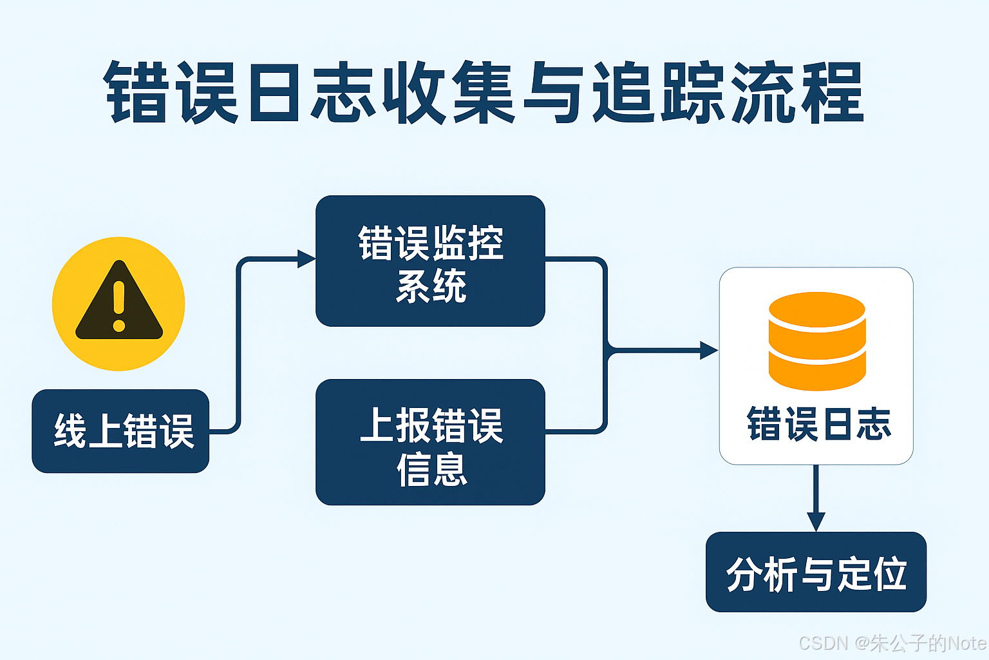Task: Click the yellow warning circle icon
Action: pyautogui.click(x=118, y=304)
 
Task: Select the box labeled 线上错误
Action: pyautogui.click(x=121, y=431)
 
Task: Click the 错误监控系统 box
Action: pyautogui.click(x=430, y=261)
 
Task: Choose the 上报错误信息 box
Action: pyautogui.click(x=430, y=442)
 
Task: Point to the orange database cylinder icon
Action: pyautogui.click(x=816, y=341)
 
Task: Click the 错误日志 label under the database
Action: pyautogui.click(x=818, y=424)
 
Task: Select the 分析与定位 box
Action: pyautogui.click(x=816, y=572)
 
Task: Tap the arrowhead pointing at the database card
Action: pyautogui.click(x=709, y=351)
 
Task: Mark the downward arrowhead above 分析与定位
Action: pyautogui.click(x=816, y=521)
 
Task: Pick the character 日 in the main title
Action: pyautogui.click(x=274, y=92)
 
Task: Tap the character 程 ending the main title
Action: pyautogui.click(x=831, y=92)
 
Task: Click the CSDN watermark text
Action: pyautogui.click(x=824, y=643)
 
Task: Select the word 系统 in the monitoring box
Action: pyautogui.click(x=431, y=286)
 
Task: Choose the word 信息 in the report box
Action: pyautogui.click(x=431, y=469)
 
